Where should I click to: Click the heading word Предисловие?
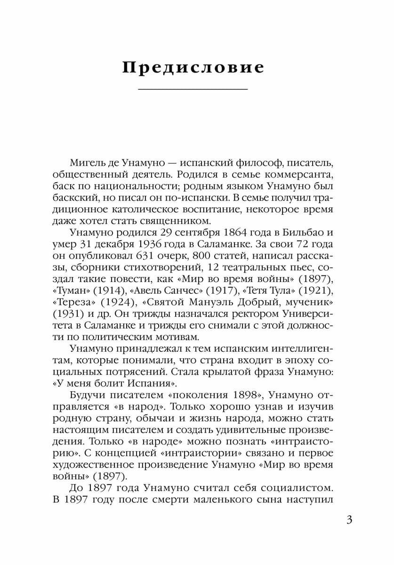coord(193,67)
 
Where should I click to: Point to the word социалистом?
coord(294,485)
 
